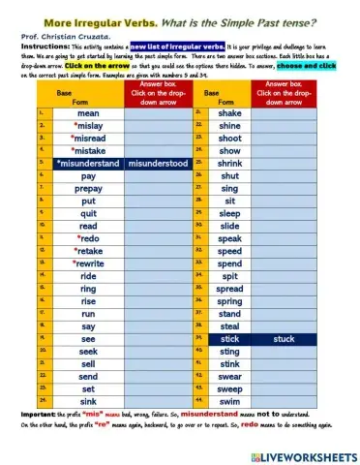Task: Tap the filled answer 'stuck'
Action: click(x=285, y=339)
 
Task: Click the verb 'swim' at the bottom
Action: click(x=230, y=400)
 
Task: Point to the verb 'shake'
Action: click(x=230, y=114)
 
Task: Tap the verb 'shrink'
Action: click(x=230, y=164)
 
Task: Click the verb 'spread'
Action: click(x=230, y=289)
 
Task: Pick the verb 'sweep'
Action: click(x=230, y=387)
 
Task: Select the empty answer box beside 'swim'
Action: click(x=285, y=400)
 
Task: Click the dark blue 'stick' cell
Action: click(x=230, y=339)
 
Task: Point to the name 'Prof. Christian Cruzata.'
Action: click(x=58, y=34)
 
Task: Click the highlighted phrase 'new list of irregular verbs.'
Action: click(x=178, y=45)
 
